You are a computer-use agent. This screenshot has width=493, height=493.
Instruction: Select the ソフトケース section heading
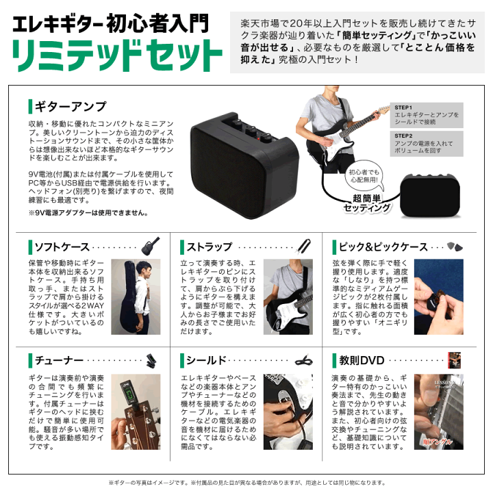pyautogui.click(x=60, y=246)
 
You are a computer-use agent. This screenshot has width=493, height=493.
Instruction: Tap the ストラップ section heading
pyautogui.click(x=208, y=246)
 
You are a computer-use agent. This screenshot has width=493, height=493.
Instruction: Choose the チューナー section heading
pyautogui.click(x=58, y=360)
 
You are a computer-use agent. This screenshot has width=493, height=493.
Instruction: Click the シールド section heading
pyautogui.click(x=206, y=360)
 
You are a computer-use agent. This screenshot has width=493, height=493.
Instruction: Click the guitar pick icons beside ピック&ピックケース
pyautogui.click(x=455, y=246)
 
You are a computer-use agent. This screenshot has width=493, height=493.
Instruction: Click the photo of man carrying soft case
pyautogui.click(x=136, y=296)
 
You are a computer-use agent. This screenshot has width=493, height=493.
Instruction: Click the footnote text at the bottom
pyautogui.click(x=246, y=483)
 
